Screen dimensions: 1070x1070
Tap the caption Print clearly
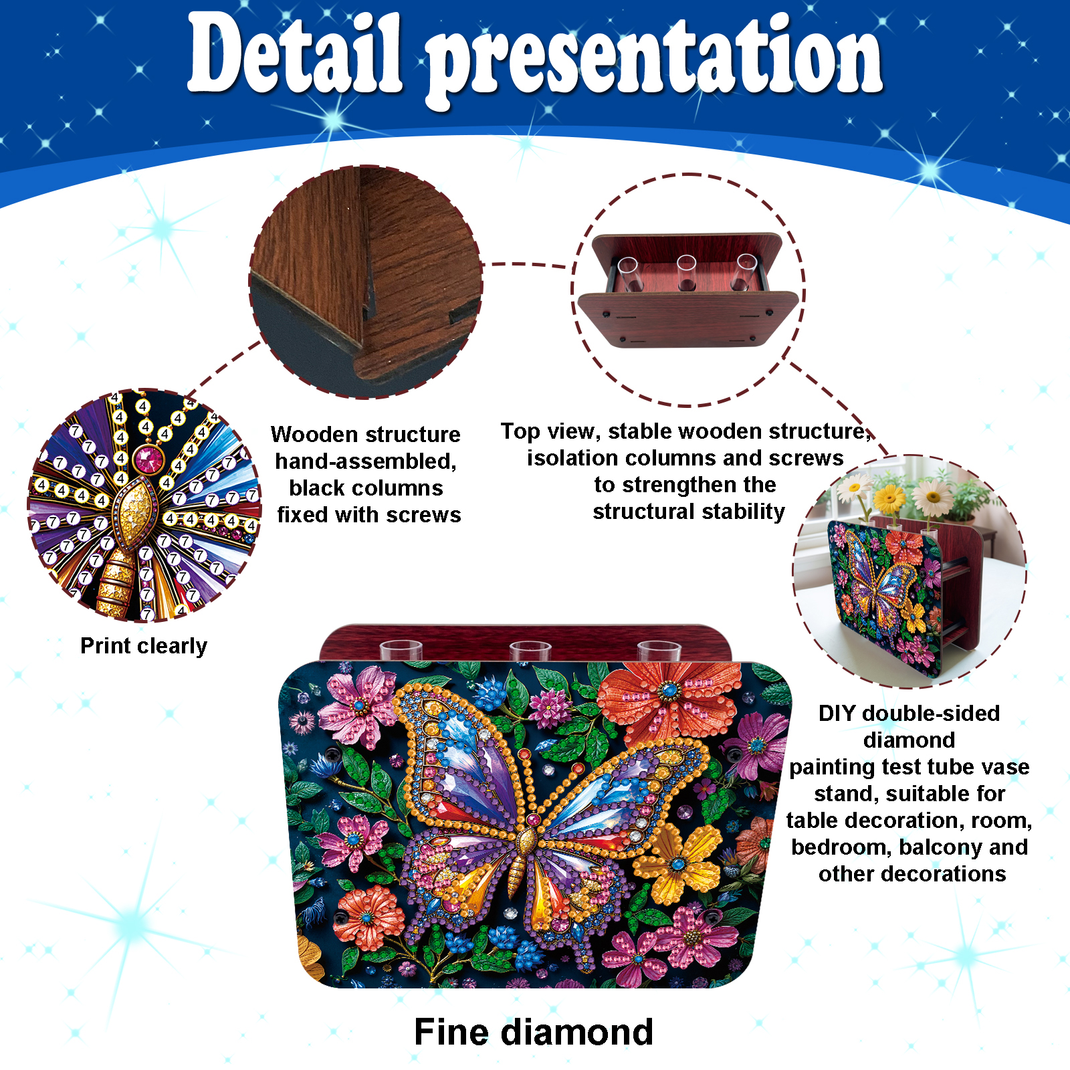pos(144,646)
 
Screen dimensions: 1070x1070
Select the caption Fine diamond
pos(534,1032)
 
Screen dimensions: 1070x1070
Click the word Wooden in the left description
pos(314,434)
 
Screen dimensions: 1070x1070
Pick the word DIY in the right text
pos(837,713)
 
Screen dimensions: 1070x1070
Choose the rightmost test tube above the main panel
pos(659,650)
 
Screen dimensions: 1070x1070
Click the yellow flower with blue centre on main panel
pos(677,865)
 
